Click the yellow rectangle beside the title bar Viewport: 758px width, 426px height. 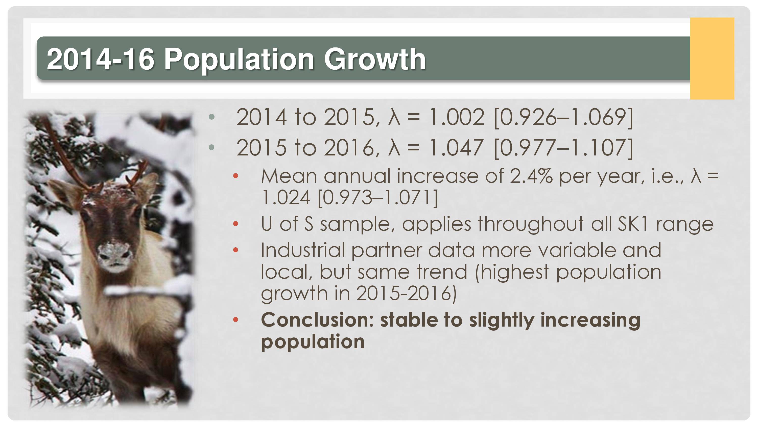(712, 59)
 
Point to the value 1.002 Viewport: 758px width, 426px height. (456, 117)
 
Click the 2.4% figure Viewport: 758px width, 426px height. (531, 176)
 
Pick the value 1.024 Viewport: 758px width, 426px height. (286, 198)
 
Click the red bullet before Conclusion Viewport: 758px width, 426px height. (235, 320)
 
